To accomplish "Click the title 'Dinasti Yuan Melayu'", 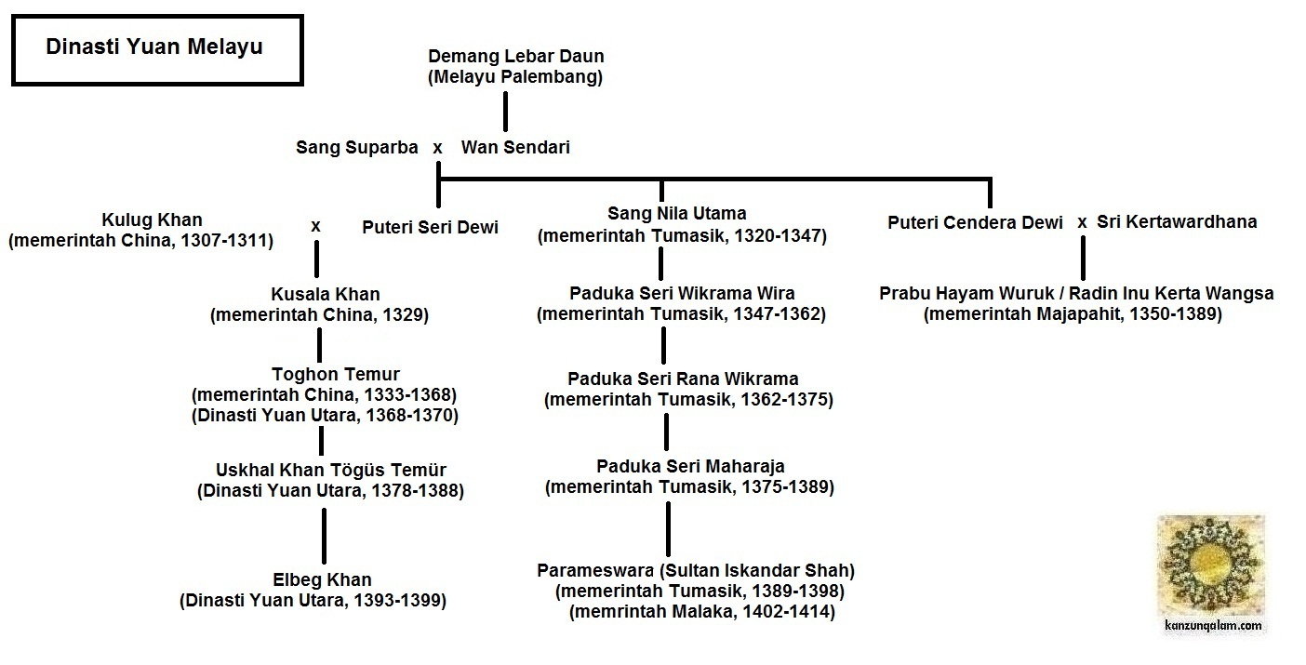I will tap(154, 47).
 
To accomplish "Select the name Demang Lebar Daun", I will tap(515, 56).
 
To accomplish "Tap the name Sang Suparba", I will tap(357, 147).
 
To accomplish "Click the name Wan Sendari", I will tap(515, 147).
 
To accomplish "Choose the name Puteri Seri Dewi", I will tap(430, 227).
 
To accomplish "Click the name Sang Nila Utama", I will tap(677, 214).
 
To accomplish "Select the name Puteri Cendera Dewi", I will tap(975, 222).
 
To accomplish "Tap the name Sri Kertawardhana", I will tap(1177, 222).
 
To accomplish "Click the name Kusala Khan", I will tap(319, 295).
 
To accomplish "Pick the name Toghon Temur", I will tap(325, 374).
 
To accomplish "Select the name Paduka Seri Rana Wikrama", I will tap(684, 379).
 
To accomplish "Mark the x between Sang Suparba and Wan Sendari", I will tap(437, 147).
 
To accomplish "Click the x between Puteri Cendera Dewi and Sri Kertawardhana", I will tap(1082, 222).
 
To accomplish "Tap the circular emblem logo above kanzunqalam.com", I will tap(1210, 565).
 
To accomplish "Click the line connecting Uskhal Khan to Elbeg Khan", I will tap(324, 538).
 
